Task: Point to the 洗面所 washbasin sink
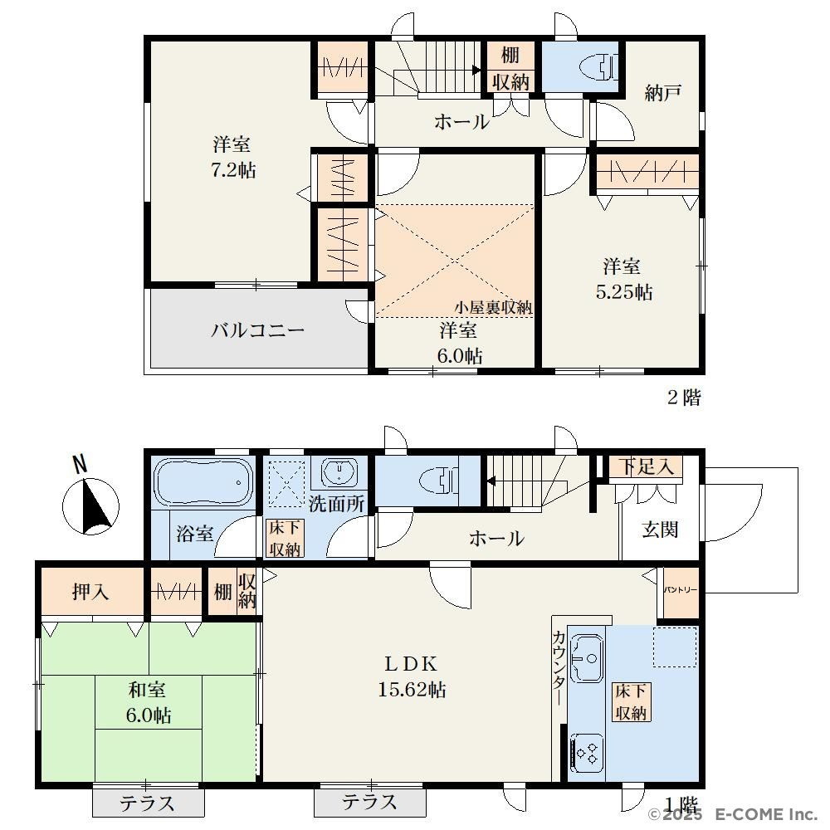click(339, 471)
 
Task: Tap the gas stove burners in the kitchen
click(587, 754)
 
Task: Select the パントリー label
click(681, 589)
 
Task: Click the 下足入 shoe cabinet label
click(646, 466)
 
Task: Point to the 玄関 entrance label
click(660, 529)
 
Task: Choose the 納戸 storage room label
click(662, 93)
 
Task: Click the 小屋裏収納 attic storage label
click(493, 308)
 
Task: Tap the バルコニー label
click(258, 330)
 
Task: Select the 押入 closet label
click(90, 591)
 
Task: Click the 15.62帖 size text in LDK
click(412, 690)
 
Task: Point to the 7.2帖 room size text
click(233, 170)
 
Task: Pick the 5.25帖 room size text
click(624, 291)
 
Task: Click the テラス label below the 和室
click(147, 803)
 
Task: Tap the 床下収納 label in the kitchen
click(631, 702)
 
